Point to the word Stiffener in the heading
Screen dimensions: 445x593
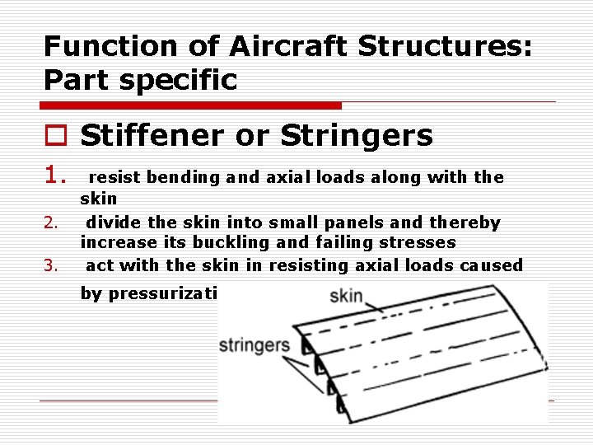click(151, 135)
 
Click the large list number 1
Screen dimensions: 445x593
click(54, 175)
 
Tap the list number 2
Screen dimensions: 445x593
click(50, 223)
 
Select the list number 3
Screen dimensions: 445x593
click(50, 265)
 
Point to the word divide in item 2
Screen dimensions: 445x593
click(112, 222)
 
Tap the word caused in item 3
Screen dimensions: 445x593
click(491, 265)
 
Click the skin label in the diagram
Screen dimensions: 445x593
click(346, 295)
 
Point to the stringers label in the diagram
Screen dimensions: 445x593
click(254, 345)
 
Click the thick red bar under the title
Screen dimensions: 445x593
click(191, 105)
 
